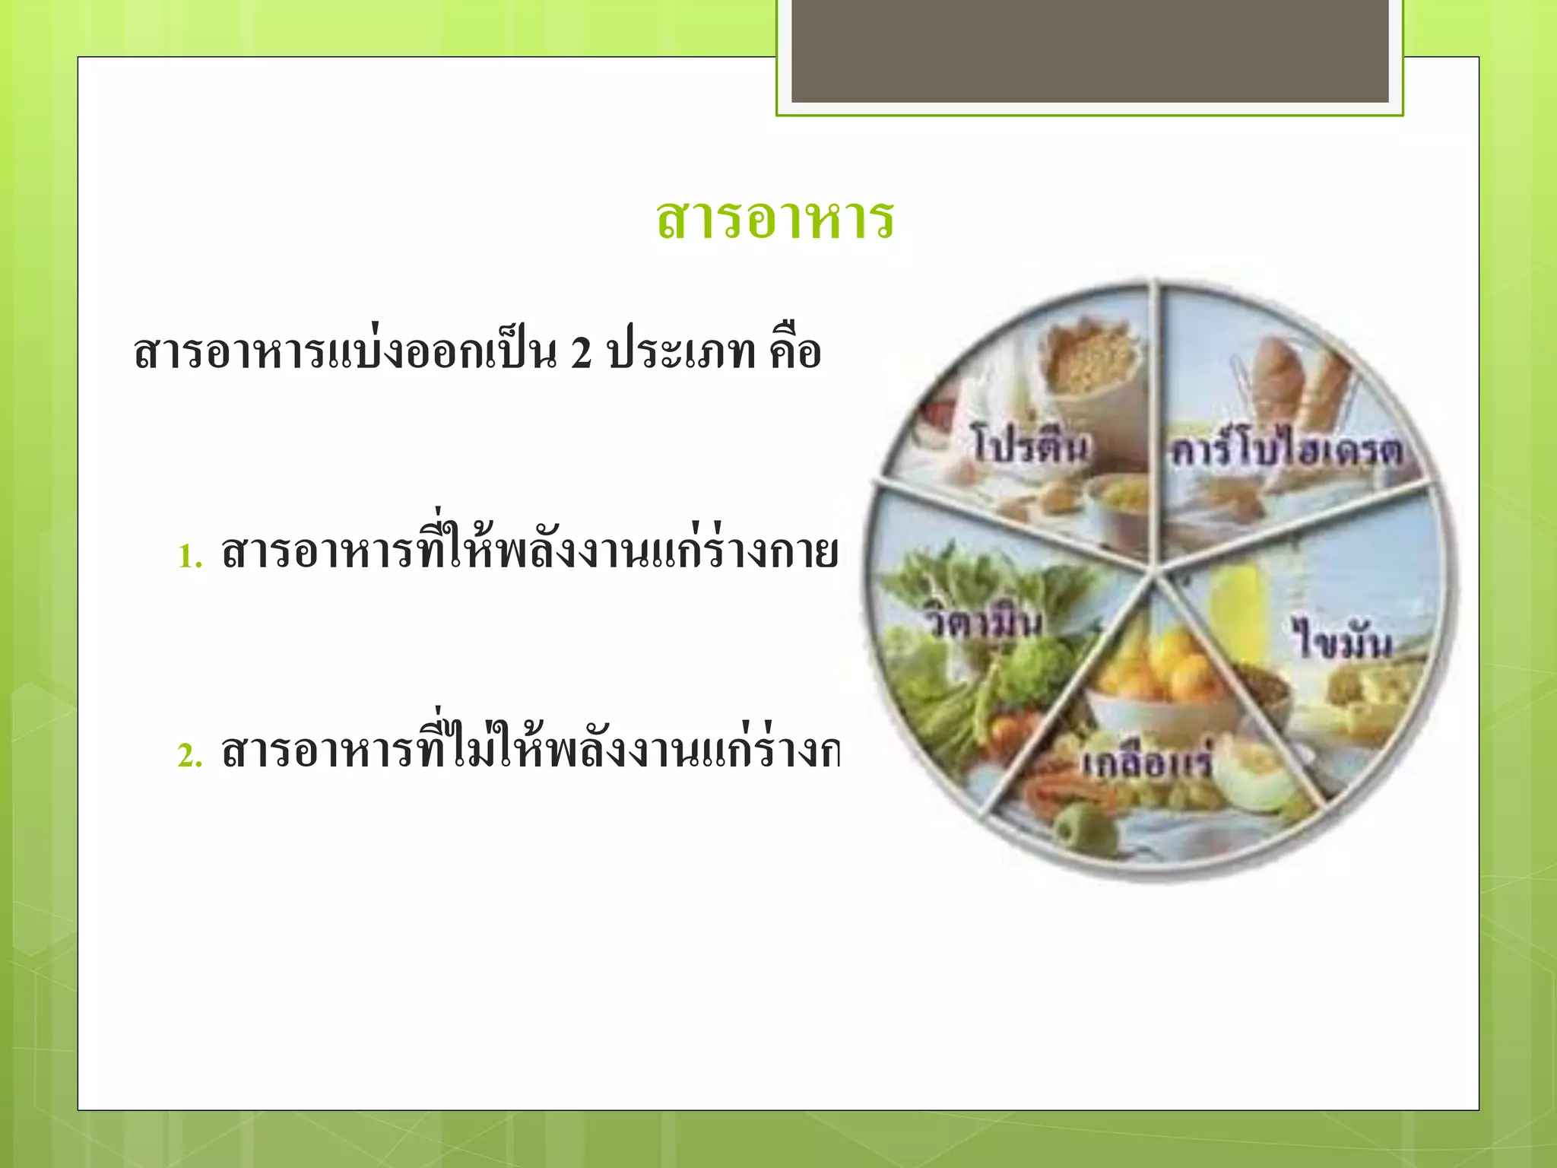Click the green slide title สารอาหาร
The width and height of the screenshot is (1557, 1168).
click(x=775, y=219)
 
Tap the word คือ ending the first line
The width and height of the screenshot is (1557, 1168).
click(x=795, y=351)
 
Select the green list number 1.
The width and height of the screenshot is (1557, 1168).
click(x=190, y=557)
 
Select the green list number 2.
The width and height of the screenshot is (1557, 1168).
click(x=190, y=756)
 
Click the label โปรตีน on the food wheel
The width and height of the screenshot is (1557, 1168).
click(x=1029, y=446)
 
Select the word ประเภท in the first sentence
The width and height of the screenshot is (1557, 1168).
click(x=682, y=352)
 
